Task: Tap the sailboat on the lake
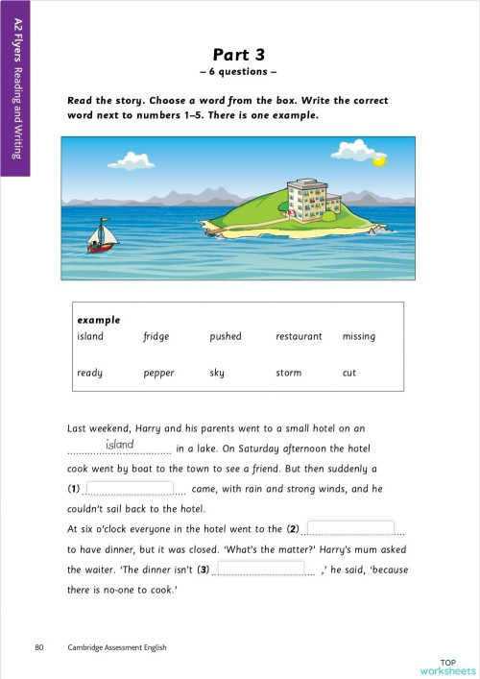(101, 234)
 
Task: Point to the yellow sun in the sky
(378, 160)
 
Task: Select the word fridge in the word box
(156, 337)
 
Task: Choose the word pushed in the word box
(226, 337)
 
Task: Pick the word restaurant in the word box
(299, 337)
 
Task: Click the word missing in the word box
(358, 337)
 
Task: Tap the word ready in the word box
(89, 373)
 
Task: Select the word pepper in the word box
(158, 373)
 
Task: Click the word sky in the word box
(216, 373)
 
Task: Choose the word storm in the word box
(288, 373)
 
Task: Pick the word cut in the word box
(348, 373)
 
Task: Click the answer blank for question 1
(130, 489)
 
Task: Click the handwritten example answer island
(119, 446)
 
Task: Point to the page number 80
(38, 647)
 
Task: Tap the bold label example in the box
(99, 320)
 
